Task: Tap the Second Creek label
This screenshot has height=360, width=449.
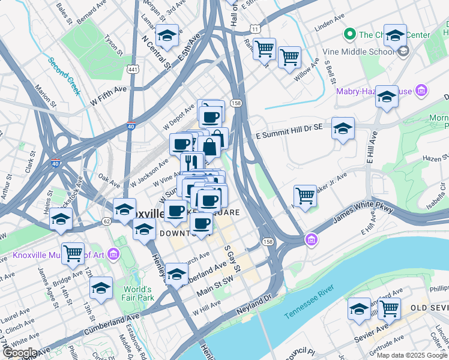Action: coord(64,76)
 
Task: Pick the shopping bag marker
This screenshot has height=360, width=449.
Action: coord(210,145)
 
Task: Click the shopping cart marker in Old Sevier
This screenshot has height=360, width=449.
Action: coord(389,308)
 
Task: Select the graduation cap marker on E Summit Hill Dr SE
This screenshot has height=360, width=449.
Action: coord(343,128)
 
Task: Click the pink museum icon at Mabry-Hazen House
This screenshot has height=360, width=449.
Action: coord(421,91)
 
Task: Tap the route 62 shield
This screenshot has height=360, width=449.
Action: coord(106,221)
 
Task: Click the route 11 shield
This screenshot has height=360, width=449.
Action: coord(255,29)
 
